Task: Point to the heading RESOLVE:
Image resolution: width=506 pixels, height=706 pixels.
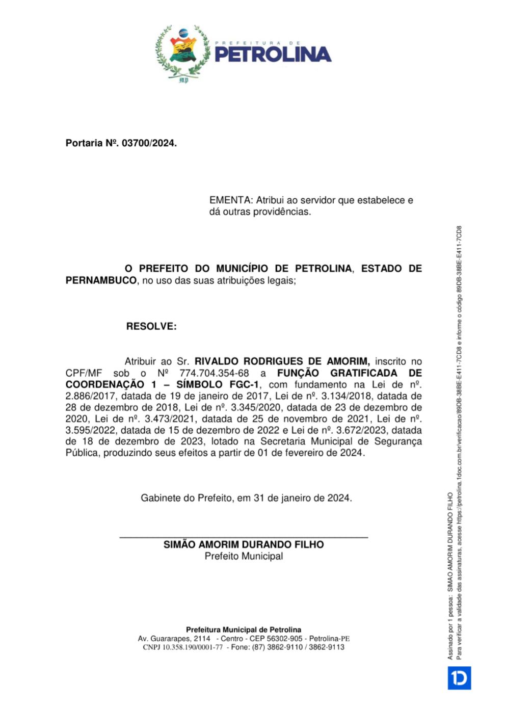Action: [151, 326]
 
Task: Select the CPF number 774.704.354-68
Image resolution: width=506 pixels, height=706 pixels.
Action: [214, 373]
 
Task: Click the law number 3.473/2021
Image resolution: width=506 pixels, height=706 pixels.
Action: [174, 419]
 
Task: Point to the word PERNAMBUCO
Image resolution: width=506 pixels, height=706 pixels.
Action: [101, 280]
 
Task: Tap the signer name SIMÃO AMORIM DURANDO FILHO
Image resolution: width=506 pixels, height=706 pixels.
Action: [244, 544]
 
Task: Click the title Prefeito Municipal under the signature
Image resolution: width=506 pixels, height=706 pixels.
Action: [244, 556]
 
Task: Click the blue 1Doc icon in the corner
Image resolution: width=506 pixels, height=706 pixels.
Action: [459, 678]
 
